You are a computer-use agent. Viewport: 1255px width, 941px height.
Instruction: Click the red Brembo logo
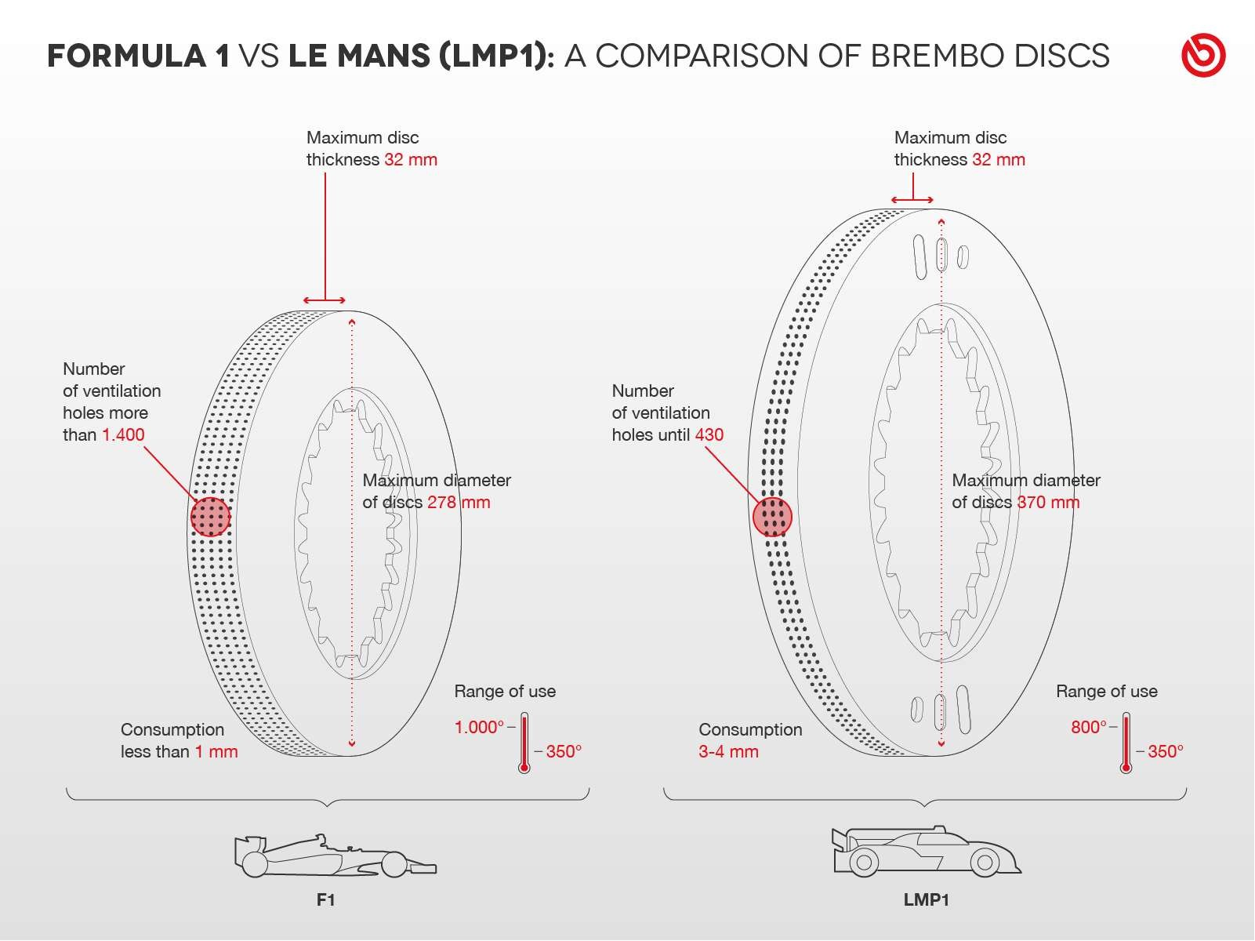tap(1203, 55)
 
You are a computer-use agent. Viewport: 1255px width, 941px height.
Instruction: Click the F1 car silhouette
tap(335, 856)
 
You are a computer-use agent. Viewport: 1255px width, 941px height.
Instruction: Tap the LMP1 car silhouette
tap(927, 852)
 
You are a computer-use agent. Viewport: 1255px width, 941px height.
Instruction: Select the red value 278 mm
tap(459, 503)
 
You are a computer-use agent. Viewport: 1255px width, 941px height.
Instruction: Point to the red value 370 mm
tap(1048, 503)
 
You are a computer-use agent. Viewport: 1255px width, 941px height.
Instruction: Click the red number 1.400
tap(123, 435)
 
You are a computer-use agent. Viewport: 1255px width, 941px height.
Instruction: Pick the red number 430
tap(709, 435)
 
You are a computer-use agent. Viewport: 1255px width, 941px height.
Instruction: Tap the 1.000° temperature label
tap(479, 727)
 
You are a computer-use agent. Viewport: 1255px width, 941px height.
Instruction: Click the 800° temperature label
tap(1089, 727)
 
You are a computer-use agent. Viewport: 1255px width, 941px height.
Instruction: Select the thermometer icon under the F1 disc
tap(524, 743)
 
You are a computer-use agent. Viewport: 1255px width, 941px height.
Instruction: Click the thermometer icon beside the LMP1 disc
tap(1126, 743)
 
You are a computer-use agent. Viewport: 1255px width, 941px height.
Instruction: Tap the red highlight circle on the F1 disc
tap(210, 517)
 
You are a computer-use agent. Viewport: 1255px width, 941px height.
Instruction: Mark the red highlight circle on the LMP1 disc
tap(772, 517)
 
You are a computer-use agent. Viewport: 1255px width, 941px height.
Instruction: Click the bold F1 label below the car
tap(325, 900)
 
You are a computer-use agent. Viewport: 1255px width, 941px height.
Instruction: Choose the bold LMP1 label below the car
tap(927, 900)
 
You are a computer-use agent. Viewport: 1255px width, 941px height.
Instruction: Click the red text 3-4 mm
tap(728, 752)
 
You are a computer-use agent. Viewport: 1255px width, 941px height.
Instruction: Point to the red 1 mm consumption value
tap(216, 752)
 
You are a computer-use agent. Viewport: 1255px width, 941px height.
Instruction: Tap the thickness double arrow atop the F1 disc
tap(325, 300)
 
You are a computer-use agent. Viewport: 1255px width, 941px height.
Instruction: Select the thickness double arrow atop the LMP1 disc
tap(912, 200)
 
